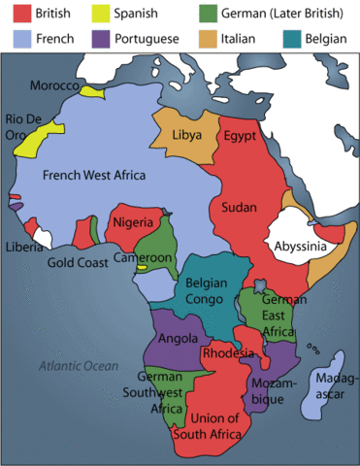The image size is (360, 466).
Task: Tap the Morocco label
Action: [x=54, y=85]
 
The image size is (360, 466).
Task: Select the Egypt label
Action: [x=240, y=135]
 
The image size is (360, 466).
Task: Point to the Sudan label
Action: [x=240, y=207]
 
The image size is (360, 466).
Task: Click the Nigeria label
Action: [x=134, y=222]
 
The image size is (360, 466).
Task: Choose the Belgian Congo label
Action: [x=206, y=291]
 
